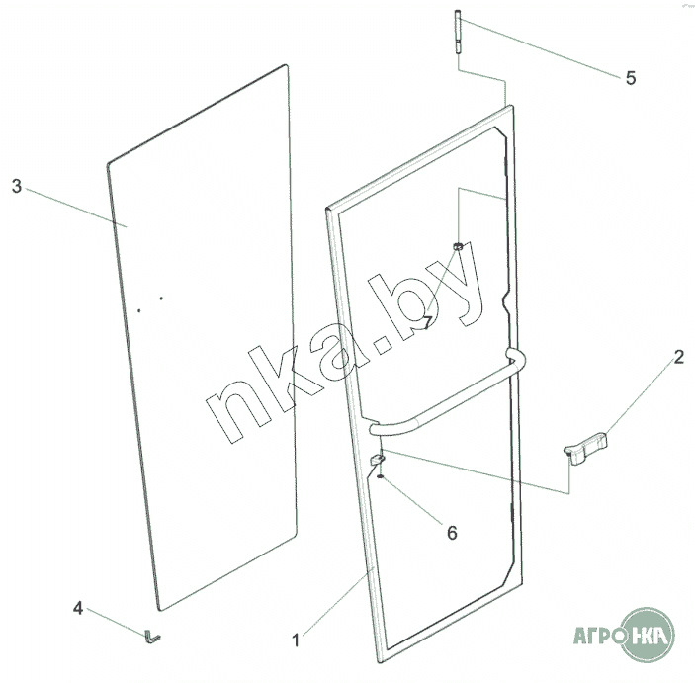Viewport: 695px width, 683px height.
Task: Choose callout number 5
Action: (631, 78)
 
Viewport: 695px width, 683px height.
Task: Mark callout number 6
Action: (451, 532)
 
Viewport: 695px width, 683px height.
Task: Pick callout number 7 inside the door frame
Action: (427, 321)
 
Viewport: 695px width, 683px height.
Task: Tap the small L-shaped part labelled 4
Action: (151, 638)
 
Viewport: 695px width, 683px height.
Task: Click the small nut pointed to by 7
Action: (459, 244)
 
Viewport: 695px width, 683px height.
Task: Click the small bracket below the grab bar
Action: (376, 460)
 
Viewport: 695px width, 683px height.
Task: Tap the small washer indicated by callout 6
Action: (379, 475)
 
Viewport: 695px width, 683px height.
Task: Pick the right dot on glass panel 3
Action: (160, 299)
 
